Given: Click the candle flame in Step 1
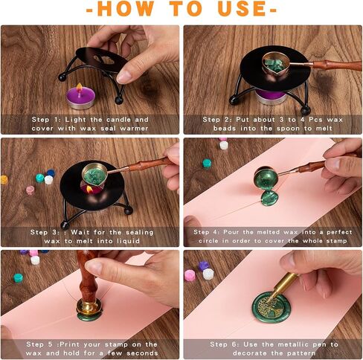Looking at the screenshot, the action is point(80,88).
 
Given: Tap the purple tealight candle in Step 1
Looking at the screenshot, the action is point(80,98).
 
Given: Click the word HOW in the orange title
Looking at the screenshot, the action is point(126,9).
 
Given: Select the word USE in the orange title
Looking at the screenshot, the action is point(242,9).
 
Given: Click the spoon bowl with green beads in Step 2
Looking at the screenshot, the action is point(275,64).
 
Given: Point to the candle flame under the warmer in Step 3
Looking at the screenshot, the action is point(89,190).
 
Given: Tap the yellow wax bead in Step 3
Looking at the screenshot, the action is point(4,180).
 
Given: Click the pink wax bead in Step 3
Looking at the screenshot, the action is point(30,190).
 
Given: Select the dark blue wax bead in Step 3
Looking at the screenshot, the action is point(51,173).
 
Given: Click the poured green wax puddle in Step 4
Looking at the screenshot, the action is point(269,198).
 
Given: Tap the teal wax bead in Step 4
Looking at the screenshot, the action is point(207,164).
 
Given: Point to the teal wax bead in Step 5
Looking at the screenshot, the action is point(18,278).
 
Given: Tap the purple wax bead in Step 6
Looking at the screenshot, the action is point(204,266).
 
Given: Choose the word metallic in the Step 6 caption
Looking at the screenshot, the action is point(292,344).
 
